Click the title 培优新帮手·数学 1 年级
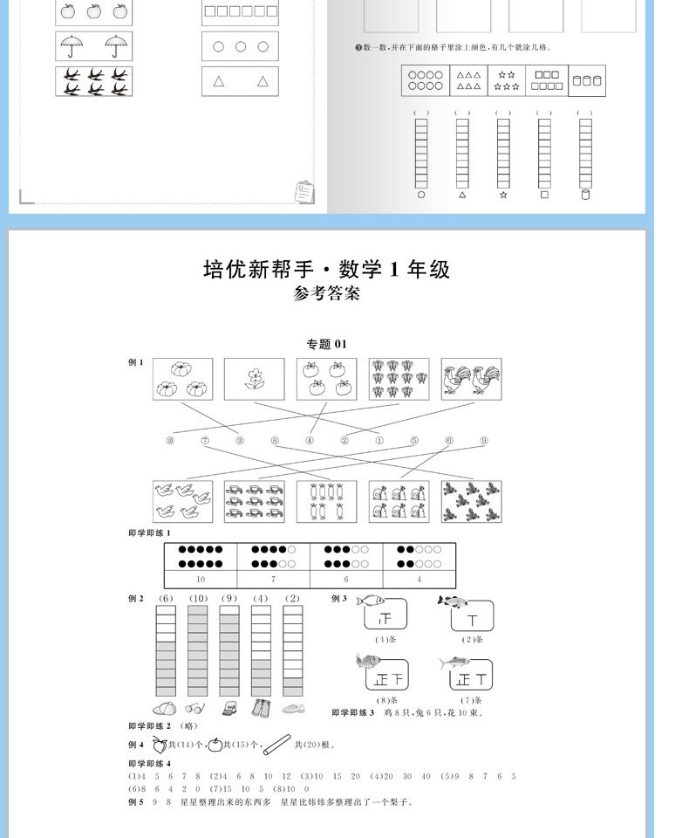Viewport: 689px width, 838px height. pos(326,269)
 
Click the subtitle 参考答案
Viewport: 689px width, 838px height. pos(326,294)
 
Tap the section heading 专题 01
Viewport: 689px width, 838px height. pos(326,344)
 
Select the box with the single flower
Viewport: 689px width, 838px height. pos(254,379)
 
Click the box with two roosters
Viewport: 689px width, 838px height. pos(471,379)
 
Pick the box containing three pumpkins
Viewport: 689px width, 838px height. pos(182,379)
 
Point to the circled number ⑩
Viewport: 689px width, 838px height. pos(170,441)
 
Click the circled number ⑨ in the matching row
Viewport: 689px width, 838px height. pos(483,441)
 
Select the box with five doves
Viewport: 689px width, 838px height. pos(182,501)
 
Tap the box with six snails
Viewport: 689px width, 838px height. pos(399,501)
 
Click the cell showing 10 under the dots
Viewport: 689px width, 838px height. pos(201,579)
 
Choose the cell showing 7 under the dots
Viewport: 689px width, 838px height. pos(273,579)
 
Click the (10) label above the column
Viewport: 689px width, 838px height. pos(198,598)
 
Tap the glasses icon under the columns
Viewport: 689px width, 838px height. pos(195,709)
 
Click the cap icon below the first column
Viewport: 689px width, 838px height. pos(165,709)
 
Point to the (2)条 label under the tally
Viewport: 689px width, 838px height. pos(473,639)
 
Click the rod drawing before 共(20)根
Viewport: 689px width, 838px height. pos(276,744)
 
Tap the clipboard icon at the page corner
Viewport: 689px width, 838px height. pos(305,191)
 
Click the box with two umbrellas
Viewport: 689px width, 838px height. pos(93,44)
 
